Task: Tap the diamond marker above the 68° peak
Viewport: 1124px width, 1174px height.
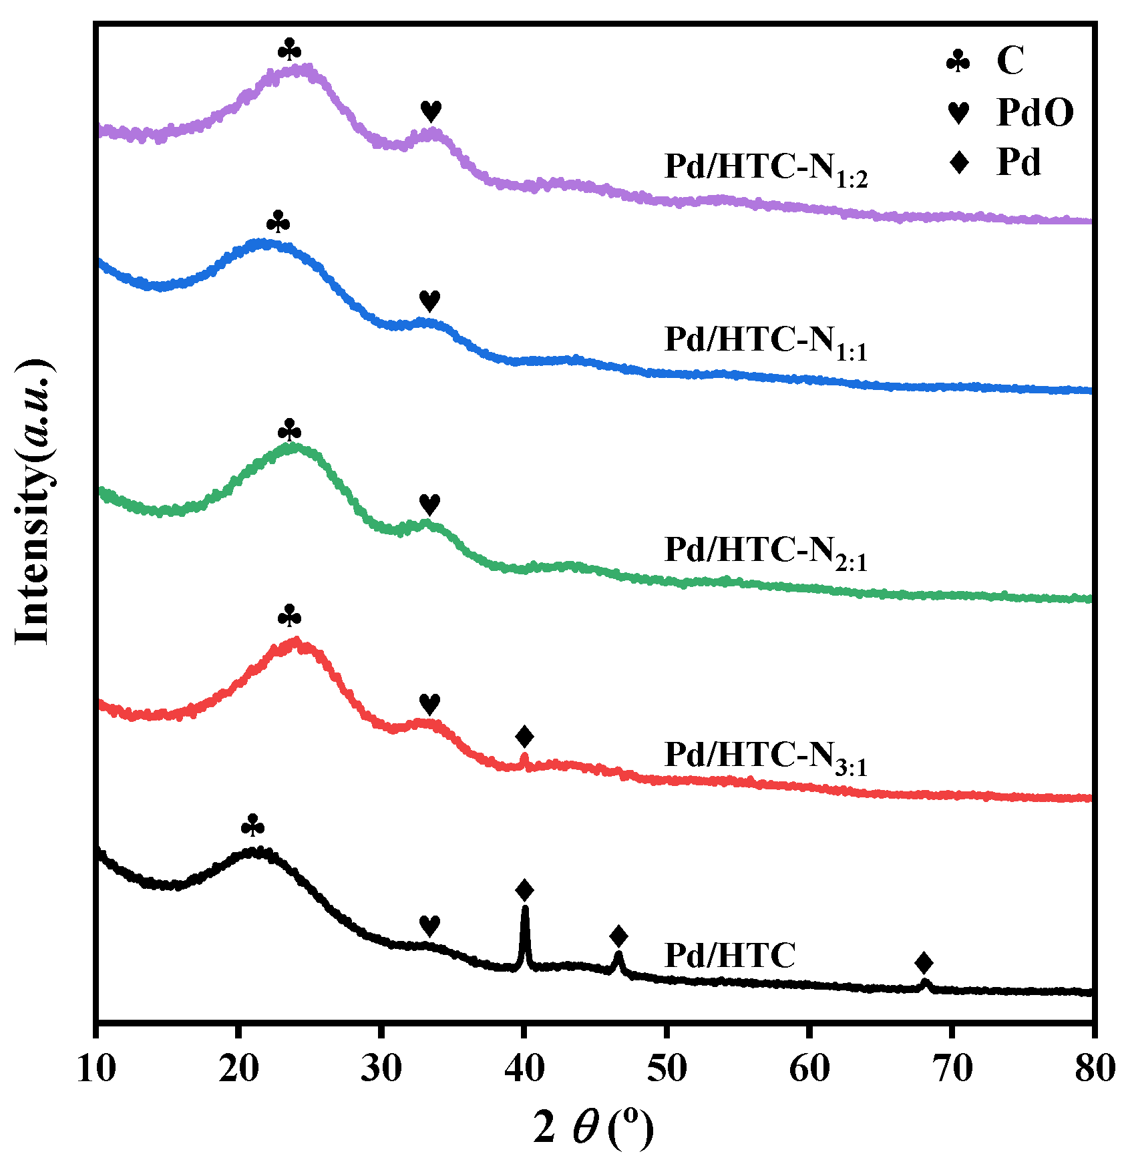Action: tap(924, 963)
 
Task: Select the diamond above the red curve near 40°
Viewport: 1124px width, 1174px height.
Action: tap(525, 737)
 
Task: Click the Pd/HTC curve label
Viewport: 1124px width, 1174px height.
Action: tap(730, 955)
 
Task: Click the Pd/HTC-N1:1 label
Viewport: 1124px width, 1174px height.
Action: tap(765, 342)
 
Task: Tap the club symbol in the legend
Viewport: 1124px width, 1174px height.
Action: tap(958, 61)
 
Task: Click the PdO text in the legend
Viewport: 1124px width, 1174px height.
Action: tap(1035, 112)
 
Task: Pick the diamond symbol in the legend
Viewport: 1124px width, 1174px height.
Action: tap(959, 162)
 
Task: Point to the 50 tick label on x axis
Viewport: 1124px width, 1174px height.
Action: tap(667, 1069)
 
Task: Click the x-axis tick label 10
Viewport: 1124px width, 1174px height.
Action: tap(96, 1069)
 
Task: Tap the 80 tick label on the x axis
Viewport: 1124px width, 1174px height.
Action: tap(1093, 1069)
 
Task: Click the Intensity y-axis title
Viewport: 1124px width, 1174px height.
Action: tap(33, 501)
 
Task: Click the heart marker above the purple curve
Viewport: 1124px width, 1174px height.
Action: tap(431, 111)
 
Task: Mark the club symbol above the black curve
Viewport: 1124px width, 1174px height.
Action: tap(252, 826)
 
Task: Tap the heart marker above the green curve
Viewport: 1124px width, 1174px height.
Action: tap(429, 504)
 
